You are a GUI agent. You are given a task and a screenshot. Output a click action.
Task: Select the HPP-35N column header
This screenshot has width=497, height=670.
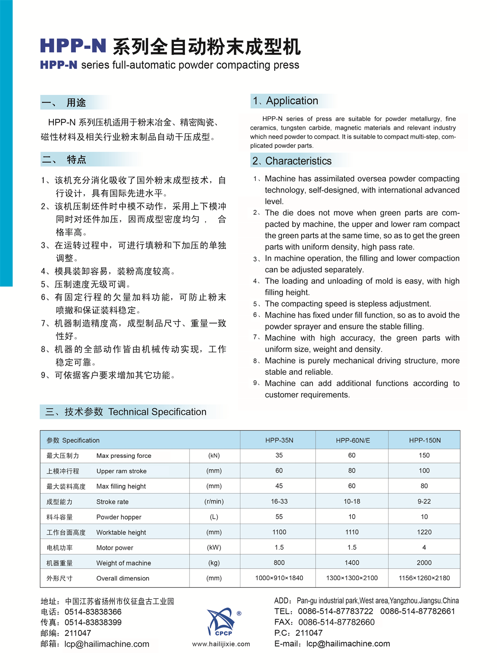click(279, 440)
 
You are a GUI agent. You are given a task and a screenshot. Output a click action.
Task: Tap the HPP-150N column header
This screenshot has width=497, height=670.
click(425, 440)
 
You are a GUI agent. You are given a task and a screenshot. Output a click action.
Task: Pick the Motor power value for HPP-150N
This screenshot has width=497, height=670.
click(424, 547)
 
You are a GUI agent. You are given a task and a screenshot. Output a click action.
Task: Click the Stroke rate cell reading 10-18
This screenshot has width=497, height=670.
click(352, 501)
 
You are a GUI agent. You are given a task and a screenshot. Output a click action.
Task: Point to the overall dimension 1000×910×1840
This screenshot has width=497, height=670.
click(279, 578)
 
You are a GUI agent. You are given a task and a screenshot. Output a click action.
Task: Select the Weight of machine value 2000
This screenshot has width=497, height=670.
click(424, 562)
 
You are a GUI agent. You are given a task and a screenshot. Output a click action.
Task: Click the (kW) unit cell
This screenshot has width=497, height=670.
click(214, 547)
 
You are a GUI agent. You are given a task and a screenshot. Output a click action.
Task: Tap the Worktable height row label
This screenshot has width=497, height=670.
click(121, 533)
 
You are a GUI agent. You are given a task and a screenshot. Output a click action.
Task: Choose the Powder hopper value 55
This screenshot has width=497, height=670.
click(279, 517)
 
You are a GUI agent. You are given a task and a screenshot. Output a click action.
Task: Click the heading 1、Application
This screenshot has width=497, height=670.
click(286, 101)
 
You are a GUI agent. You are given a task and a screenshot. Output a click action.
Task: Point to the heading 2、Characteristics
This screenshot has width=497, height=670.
click(292, 161)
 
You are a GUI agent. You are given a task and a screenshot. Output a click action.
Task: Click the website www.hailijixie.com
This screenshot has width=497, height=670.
click(221, 644)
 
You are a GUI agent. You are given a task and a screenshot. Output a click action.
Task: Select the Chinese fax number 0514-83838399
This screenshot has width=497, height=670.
click(93, 622)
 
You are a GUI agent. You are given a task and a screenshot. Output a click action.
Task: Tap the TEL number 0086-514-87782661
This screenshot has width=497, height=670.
click(417, 611)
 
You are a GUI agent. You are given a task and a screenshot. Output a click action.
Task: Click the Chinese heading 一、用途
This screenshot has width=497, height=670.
click(64, 102)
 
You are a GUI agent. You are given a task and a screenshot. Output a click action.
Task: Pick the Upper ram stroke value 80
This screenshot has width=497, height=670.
click(352, 471)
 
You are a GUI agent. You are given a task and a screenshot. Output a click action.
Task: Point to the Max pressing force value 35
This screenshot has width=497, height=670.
click(279, 455)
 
